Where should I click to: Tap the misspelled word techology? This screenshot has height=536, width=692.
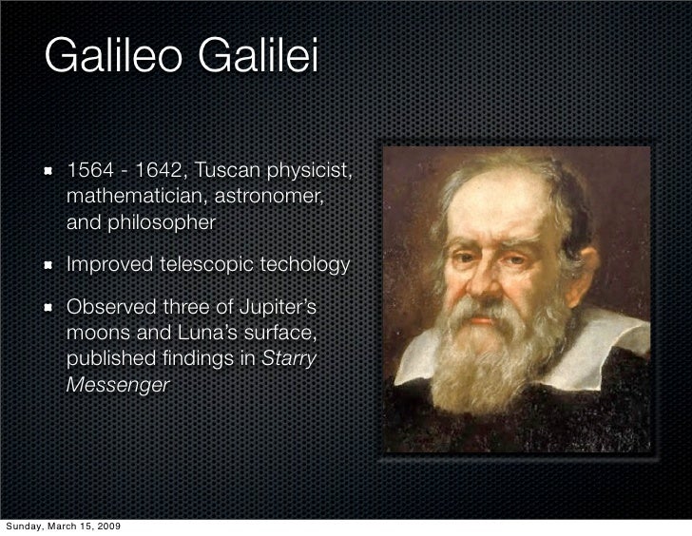tap(303, 263)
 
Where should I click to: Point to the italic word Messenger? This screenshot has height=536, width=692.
tap(118, 385)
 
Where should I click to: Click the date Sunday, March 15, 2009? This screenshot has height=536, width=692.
tap(64, 526)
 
